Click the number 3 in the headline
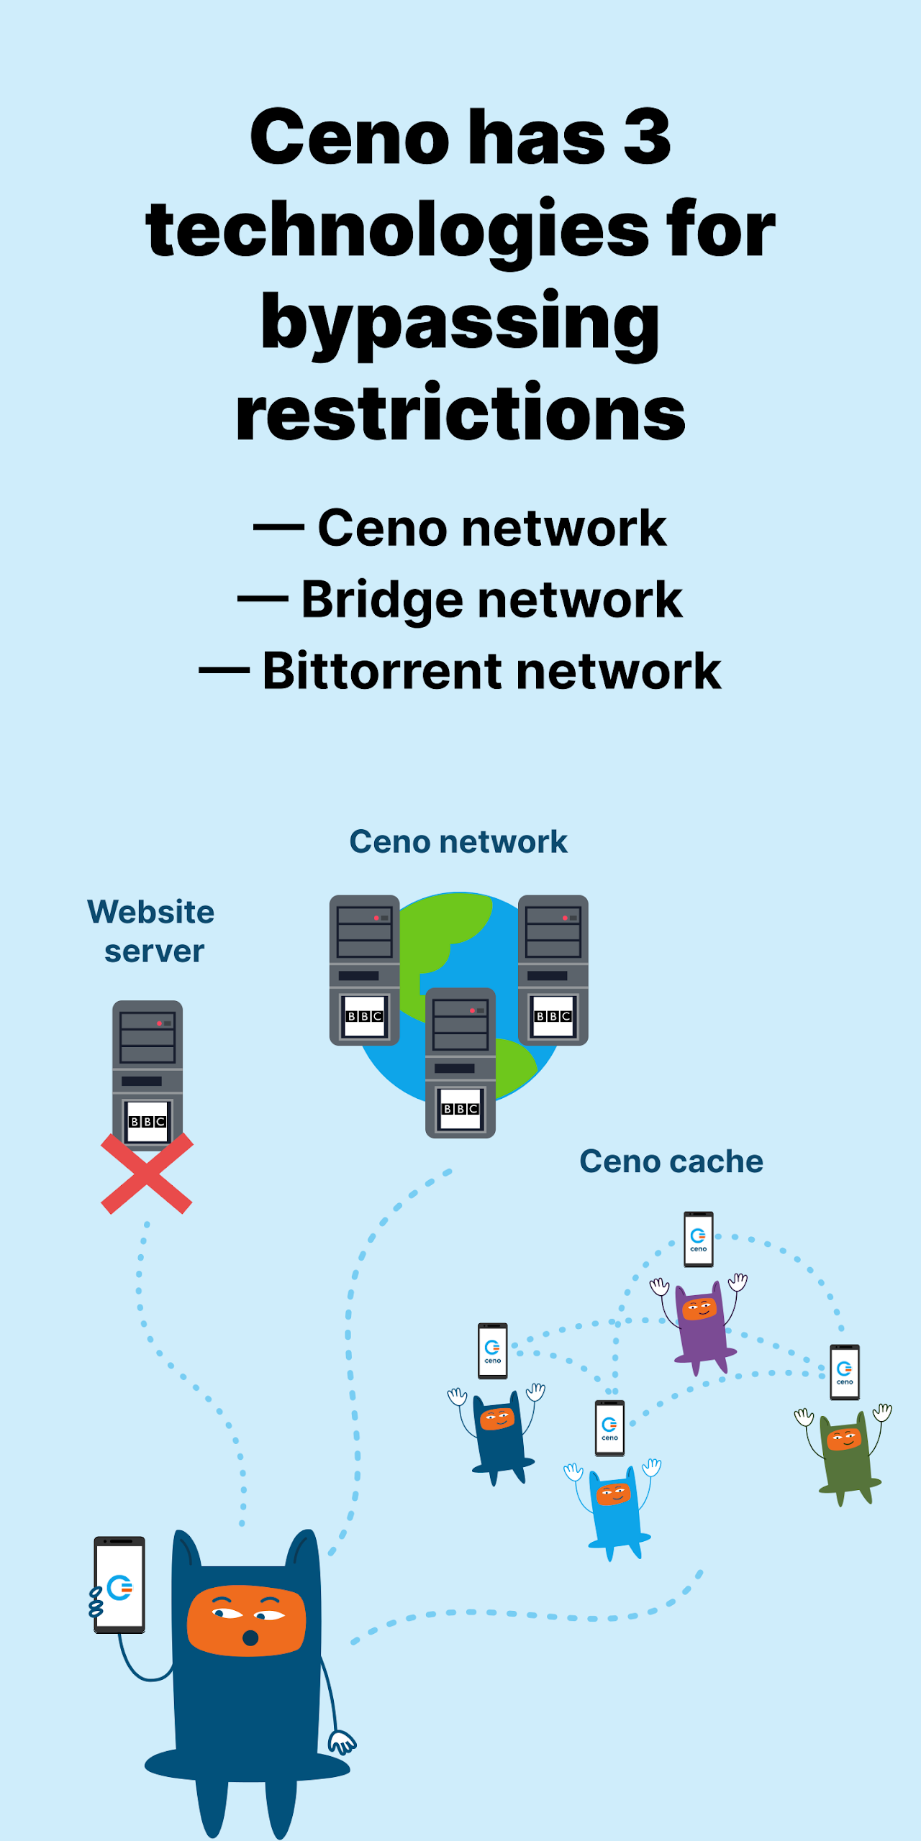tap(647, 137)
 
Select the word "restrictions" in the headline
tap(460, 413)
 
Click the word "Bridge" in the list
tap(382, 600)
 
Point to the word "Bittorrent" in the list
tap(381, 671)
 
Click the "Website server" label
tap(152, 931)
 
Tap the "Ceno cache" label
tap(671, 1161)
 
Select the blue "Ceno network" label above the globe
tap(458, 841)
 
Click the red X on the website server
tap(147, 1174)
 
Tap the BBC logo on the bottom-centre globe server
tap(460, 1109)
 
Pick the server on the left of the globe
tap(364, 969)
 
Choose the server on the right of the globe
tap(553, 969)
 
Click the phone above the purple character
tap(698, 1238)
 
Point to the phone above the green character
tap(844, 1372)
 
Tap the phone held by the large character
tap(119, 1586)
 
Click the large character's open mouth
tap(250, 1637)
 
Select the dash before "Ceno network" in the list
tap(278, 528)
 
